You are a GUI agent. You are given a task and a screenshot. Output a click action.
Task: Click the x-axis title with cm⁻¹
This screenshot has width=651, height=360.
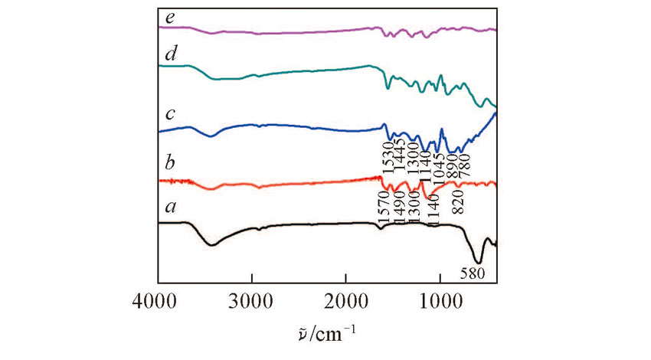pyautogui.click(x=327, y=335)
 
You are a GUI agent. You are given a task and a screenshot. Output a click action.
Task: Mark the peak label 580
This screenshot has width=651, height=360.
pyautogui.click(x=473, y=272)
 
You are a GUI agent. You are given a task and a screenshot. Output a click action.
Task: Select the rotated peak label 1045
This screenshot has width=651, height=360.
pyautogui.click(x=439, y=157)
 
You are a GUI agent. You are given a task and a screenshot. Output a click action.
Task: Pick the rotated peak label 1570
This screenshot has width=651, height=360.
pyautogui.click(x=382, y=208)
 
